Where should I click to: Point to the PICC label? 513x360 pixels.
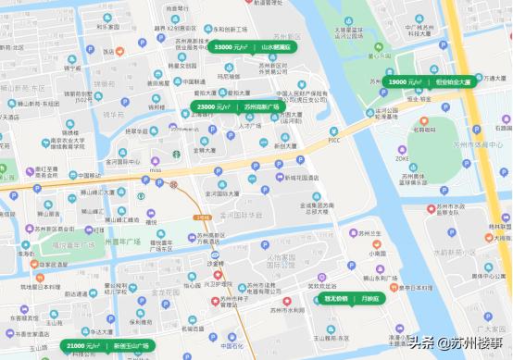[x=334, y=141]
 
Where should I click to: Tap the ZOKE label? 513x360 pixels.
[x=402, y=158]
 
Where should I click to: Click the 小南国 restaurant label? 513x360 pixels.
[x=376, y=253]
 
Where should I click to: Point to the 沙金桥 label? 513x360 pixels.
[x=215, y=263]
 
